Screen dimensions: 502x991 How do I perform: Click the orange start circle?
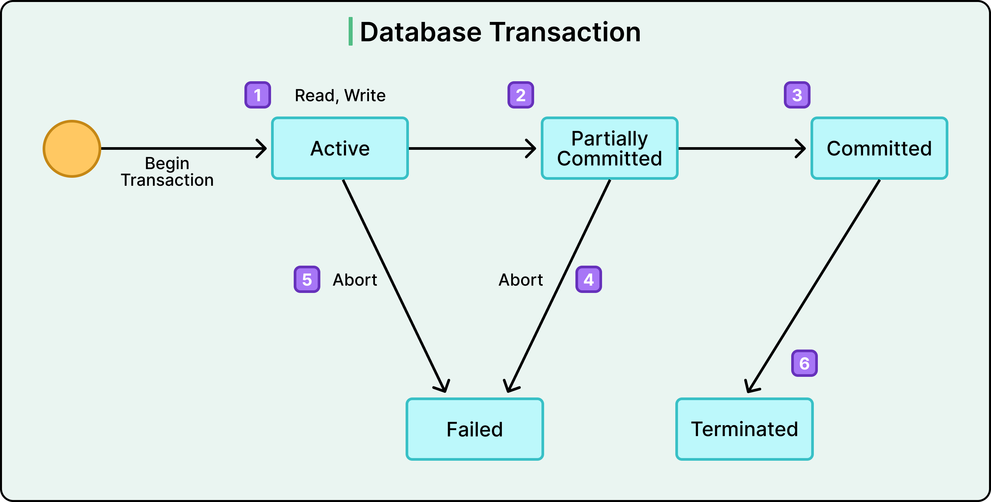tap(72, 148)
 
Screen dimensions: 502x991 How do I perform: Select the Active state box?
tap(340, 148)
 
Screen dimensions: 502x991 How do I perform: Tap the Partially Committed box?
tap(609, 148)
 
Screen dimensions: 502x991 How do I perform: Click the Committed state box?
tap(879, 148)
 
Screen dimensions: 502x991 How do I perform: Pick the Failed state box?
tap(474, 429)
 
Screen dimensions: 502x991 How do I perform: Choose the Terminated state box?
tap(744, 429)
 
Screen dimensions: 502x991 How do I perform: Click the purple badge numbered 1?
tap(258, 95)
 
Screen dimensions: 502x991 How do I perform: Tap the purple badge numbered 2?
tap(520, 95)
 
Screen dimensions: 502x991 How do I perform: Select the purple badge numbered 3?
tap(797, 95)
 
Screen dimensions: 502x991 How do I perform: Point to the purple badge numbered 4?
tap(588, 279)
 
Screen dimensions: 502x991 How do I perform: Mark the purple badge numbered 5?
tap(307, 279)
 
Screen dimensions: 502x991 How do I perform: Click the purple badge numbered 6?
tap(804, 363)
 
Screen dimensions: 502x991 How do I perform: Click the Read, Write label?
tap(340, 96)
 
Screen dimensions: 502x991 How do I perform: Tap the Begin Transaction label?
tap(167, 171)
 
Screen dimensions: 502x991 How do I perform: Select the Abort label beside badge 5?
tap(355, 280)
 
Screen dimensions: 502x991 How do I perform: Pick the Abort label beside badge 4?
tap(520, 280)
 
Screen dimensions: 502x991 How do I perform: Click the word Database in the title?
tap(420, 32)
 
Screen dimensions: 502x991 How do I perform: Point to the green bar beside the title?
tap(350, 31)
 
